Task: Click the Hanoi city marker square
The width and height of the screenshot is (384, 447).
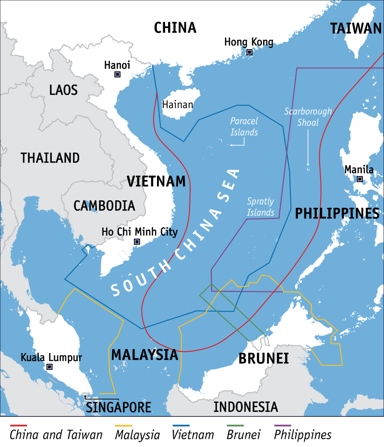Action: pyautogui.click(x=117, y=74)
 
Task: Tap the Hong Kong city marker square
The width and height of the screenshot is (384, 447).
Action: pyautogui.click(x=249, y=52)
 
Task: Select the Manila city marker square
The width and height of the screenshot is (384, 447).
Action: pyautogui.click(x=360, y=179)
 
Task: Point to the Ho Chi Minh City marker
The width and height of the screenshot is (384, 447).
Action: pyautogui.click(x=137, y=242)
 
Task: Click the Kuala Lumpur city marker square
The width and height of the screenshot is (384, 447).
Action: pyautogui.click(x=49, y=367)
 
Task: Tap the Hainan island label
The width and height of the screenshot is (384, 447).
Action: pyautogui.click(x=178, y=105)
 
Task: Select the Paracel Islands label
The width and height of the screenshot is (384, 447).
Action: pyautogui.click(x=244, y=126)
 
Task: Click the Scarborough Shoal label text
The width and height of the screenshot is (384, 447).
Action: pyautogui.click(x=308, y=117)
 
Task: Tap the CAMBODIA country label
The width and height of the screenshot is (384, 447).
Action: pyautogui.click(x=104, y=206)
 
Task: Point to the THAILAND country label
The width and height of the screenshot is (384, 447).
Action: pyautogui.click(x=50, y=157)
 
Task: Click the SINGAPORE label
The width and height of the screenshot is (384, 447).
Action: pyautogui.click(x=119, y=408)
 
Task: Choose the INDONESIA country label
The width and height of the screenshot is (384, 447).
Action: pyautogui.click(x=245, y=407)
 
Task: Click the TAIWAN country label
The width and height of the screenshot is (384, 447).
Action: pyautogui.click(x=356, y=29)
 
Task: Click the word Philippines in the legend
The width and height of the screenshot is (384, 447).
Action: pyautogui.click(x=302, y=435)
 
